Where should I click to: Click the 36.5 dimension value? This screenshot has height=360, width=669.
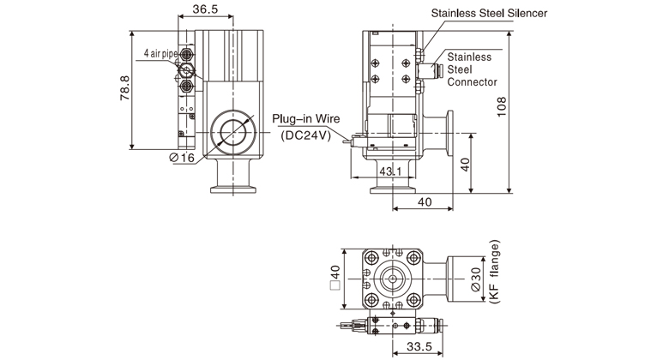(204, 10)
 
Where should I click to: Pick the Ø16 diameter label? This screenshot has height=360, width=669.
(182, 158)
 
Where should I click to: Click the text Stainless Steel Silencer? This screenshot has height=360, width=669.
(502, 14)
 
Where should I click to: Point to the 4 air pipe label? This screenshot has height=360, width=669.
(161, 54)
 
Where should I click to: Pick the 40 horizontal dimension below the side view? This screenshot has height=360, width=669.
(425, 201)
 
